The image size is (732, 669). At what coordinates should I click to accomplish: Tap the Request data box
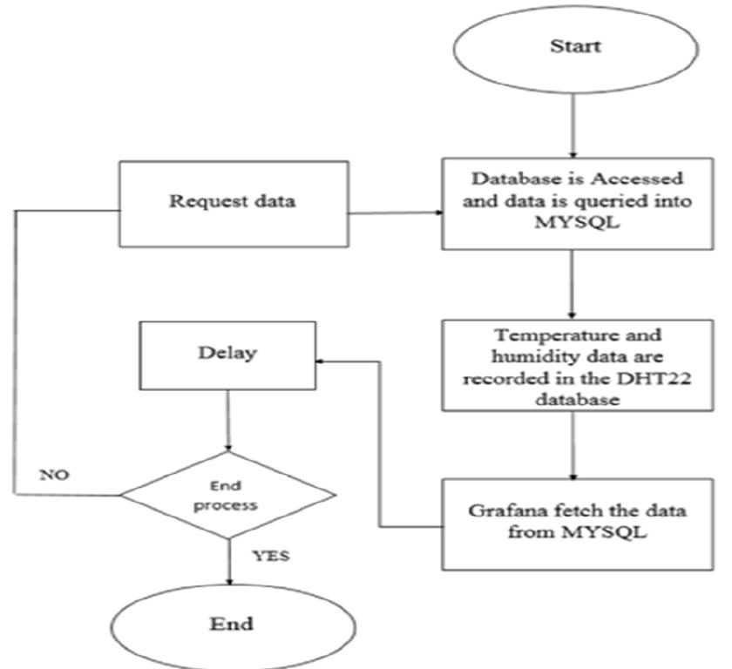click(231, 202)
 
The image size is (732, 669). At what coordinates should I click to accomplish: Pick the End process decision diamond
click(227, 496)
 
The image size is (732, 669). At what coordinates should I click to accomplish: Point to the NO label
click(56, 476)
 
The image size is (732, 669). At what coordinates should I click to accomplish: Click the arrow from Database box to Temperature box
click(573, 283)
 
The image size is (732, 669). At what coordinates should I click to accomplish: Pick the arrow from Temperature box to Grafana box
click(573, 444)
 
